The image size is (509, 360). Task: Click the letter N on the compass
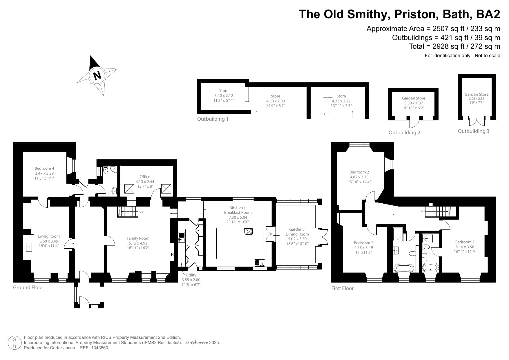point(97,75)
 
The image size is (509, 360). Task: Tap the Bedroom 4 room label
point(44,168)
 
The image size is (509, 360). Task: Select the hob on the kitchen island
point(249,231)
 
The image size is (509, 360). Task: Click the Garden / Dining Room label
point(297,231)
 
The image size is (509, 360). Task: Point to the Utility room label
point(191,275)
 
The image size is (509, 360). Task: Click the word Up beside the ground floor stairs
point(141,212)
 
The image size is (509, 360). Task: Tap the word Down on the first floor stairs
point(421,211)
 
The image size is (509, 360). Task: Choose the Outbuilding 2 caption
point(404,133)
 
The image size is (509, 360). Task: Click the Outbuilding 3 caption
point(473,131)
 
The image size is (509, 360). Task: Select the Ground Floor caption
point(28,287)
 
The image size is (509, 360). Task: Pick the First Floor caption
point(343,288)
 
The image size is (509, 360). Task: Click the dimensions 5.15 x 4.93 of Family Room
point(138,243)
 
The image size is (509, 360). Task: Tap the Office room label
point(145,177)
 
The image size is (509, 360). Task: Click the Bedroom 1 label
point(465,242)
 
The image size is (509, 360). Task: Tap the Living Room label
point(49,236)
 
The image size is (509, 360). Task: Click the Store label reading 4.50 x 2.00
point(276,101)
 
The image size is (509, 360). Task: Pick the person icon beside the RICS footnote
point(15,343)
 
